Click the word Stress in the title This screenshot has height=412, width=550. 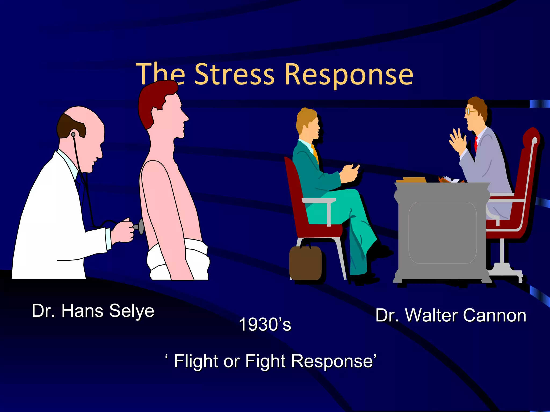tap(234, 74)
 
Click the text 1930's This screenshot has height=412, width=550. tap(265, 324)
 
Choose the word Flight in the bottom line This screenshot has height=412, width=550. tap(196, 361)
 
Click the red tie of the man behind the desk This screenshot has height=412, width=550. tap(476, 144)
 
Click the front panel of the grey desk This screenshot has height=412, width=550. tap(442, 232)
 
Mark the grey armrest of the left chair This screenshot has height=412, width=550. tap(319, 201)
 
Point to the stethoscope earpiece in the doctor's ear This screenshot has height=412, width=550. tap(73, 134)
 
